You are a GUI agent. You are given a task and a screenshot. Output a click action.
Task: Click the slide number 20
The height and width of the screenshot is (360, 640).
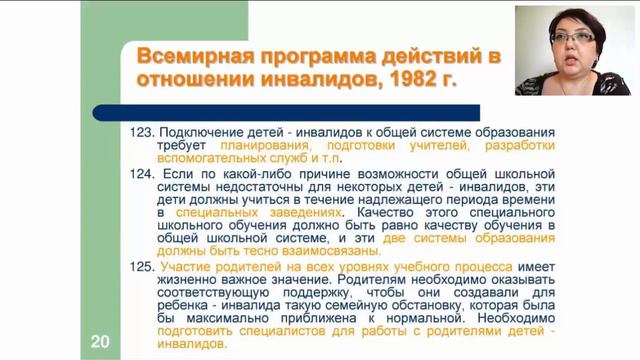[100, 341]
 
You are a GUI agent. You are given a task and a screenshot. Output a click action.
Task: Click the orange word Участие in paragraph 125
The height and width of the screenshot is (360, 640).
[187, 266]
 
